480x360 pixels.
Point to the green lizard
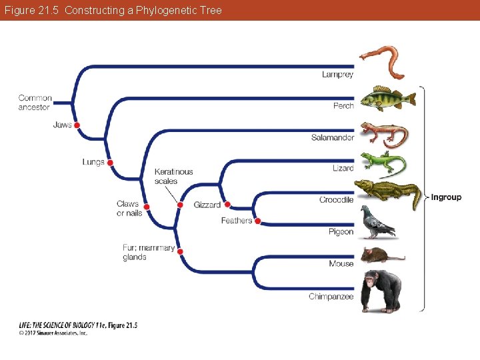coord(383,163)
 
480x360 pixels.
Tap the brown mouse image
coord(380,255)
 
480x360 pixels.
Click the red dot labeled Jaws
coord(77,125)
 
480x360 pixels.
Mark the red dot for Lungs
coord(110,163)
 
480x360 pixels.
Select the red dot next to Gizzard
coord(227,205)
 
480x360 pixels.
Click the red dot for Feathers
coord(257,221)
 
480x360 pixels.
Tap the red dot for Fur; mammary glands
coord(180,251)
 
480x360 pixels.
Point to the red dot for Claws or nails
coord(147,207)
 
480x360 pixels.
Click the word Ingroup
coord(446,197)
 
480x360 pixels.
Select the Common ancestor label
coord(35,103)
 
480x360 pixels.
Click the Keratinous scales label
coord(173,176)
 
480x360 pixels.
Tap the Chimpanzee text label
coord(331,297)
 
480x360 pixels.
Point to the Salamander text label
coord(332,138)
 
